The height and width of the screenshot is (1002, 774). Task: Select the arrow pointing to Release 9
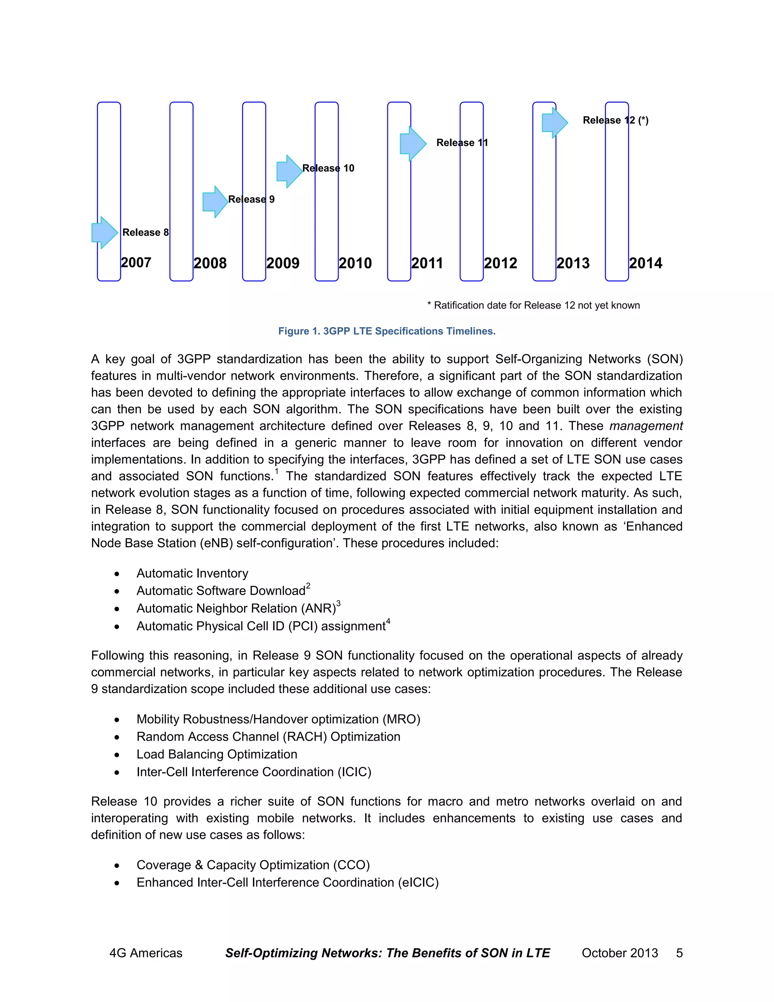[215, 202]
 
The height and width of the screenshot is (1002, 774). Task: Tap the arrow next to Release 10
[289, 171]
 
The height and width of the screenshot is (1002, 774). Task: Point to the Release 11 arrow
[413, 144]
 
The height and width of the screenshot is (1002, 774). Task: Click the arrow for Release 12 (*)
[554, 123]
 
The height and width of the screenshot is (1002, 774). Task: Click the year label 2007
[136, 262]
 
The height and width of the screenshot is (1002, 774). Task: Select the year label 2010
[355, 263]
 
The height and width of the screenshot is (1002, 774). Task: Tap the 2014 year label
[646, 263]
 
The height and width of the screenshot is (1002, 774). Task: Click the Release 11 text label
[462, 143]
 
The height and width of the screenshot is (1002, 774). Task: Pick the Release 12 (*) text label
[615, 120]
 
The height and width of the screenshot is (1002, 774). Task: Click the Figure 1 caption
[387, 331]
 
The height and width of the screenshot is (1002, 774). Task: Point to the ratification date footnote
[533, 306]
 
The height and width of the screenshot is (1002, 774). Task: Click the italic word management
[646, 426]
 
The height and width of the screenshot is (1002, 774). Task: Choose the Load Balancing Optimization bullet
[217, 754]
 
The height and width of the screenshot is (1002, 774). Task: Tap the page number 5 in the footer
[679, 953]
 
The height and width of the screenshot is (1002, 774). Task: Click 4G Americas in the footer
[146, 953]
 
